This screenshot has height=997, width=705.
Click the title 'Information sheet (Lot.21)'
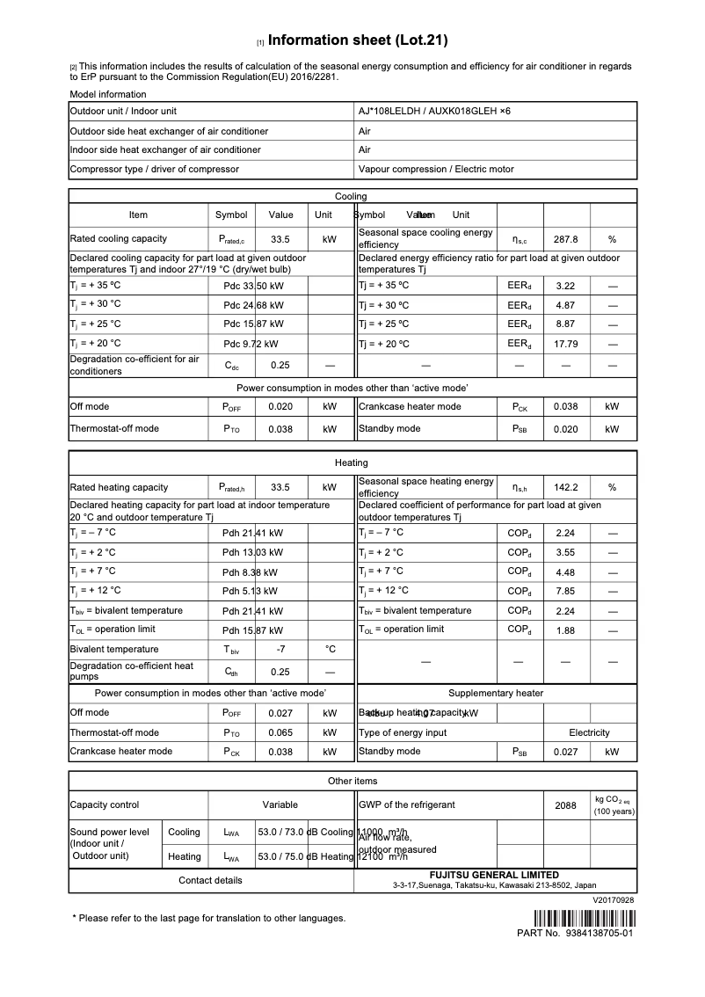tap(358, 40)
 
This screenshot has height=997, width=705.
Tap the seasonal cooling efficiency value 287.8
tap(565, 239)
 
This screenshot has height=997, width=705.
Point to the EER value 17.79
tap(565, 344)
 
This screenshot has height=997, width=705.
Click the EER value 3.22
tap(565, 286)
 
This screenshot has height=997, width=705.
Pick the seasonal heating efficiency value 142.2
tap(565, 487)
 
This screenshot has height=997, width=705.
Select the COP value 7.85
tap(565, 591)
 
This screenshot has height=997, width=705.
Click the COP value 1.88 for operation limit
tap(565, 630)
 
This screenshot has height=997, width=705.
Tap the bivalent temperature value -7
tap(280, 650)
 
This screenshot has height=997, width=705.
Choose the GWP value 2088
tap(565, 805)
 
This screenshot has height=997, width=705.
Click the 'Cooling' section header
tap(352, 196)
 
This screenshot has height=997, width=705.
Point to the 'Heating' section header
tap(352, 462)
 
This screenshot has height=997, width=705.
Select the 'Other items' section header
tap(352, 781)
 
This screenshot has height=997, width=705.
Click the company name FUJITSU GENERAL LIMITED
tap(494, 875)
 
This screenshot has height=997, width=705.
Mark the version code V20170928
tap(613, 900)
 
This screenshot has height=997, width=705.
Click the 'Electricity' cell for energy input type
tap(589, 732)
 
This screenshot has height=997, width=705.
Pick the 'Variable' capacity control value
tap(280, 804)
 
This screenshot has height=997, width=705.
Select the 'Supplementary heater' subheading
tap(496, 693)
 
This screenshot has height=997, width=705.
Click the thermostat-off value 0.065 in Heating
tap(280, 732)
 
